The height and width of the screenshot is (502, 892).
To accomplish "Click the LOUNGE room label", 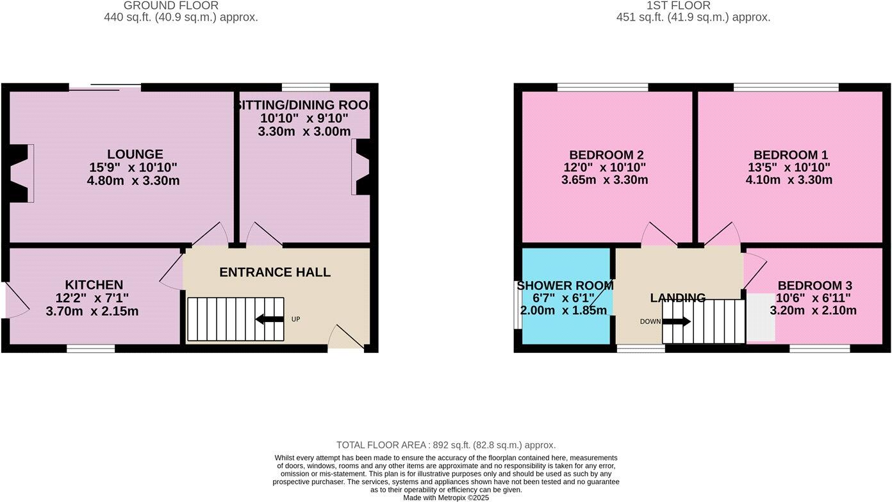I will [135, 154].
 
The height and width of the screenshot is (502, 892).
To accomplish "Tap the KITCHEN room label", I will [94, 285].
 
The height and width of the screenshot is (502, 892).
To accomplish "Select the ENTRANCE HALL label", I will [275, 272].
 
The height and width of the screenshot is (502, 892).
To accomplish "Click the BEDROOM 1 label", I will [791, 155].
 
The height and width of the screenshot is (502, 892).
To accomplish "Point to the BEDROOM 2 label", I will [606, 155].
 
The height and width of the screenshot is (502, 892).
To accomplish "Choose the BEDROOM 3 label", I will [814, 286].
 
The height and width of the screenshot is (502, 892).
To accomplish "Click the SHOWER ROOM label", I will [562, 286].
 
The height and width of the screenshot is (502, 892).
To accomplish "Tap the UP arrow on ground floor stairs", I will [270, 319].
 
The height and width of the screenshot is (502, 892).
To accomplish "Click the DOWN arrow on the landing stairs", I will [677, 321].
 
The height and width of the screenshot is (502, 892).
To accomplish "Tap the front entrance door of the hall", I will [345, 338].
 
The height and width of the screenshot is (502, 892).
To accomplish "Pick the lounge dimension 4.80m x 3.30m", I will [133, 181].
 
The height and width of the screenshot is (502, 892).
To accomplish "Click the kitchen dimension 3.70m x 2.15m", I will [92, 312].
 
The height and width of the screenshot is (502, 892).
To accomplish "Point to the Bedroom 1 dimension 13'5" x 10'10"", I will [788, 168].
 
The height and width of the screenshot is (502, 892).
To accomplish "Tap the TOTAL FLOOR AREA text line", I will [446, 445].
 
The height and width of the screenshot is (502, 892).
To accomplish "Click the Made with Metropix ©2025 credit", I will [446, 498].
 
